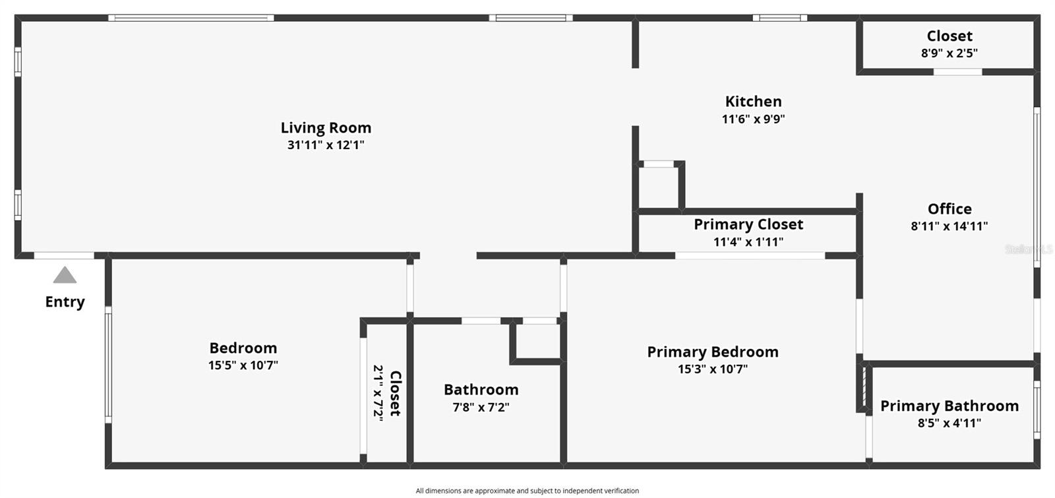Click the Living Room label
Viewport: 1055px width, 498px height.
click(326, 128)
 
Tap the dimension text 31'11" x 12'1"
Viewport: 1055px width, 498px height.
click(326, 145)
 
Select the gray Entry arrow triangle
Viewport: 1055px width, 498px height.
click(65, 276)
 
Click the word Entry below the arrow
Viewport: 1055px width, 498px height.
click(65, 302)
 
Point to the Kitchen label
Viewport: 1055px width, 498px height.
click(753, 102)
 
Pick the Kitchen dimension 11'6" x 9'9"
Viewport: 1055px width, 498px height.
click(753, 119)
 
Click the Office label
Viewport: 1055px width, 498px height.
click(950, 209)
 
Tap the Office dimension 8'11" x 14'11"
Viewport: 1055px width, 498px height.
click(950, 226)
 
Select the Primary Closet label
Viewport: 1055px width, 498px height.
click(748, 224)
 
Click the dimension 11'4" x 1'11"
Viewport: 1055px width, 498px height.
click(748, 242)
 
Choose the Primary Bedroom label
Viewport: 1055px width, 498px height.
click(713, 352)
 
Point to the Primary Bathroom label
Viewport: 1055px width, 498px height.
click(950, 406)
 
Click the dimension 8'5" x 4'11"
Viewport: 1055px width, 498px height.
click(950, 423)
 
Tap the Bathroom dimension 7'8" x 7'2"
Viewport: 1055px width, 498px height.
click(481, 408)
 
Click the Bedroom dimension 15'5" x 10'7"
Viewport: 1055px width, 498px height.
click(243, 365)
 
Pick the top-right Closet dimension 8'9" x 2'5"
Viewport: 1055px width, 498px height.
click(950, 53)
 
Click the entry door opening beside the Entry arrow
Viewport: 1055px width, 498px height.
click(64, 255)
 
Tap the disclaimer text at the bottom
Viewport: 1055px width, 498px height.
click(527, 491)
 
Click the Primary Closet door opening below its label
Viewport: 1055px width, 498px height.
click(750, 255)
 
